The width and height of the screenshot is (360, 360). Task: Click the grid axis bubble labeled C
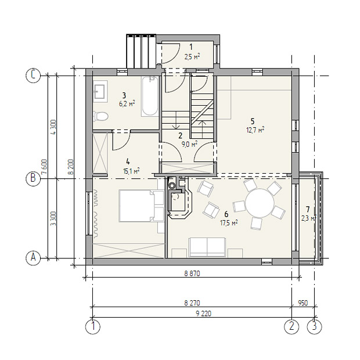[33, 75]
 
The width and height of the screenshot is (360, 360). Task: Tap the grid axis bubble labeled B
[33, 178]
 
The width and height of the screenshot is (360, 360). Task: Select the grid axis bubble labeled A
[33, 258]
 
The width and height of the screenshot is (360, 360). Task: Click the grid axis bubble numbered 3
[314, 326]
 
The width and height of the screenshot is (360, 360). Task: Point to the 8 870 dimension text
[192, 273]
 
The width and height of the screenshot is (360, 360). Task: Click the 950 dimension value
[303, 303]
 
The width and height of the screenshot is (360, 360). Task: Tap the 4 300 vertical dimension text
[53, 127]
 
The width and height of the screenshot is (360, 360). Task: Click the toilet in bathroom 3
[100, 116]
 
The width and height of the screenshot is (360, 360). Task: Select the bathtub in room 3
[150, 96]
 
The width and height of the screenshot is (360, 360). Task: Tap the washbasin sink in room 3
[100, 91]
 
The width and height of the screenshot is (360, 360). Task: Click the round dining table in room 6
[260, 203]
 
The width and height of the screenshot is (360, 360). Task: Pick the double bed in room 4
[142, 206]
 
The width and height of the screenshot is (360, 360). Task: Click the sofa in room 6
[207, 247]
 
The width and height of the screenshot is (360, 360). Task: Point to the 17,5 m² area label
[229, 223]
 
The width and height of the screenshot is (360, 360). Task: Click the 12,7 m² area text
[255, 130]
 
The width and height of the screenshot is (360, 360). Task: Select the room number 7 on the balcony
[308, 209]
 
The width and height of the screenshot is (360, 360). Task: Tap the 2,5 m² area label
[192, 56]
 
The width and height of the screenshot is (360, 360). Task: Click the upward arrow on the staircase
[202, 129]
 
